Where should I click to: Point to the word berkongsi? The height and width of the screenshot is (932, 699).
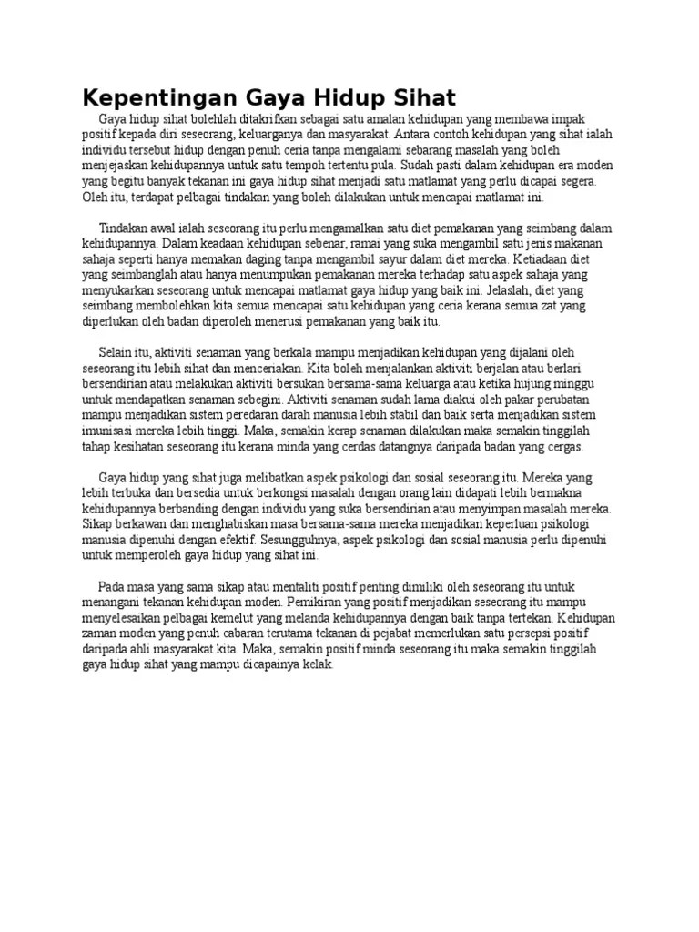(259, 492)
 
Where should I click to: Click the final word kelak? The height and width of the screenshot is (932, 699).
(318, 665)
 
